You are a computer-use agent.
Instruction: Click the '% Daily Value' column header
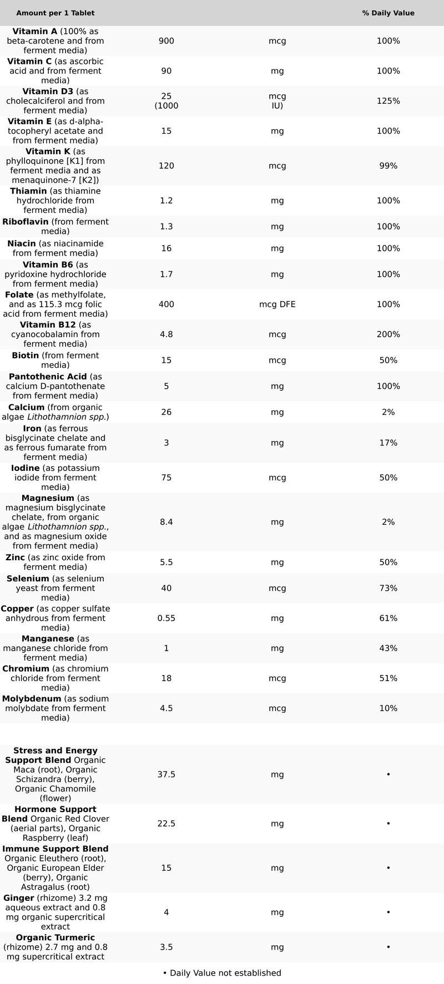pos(388,13)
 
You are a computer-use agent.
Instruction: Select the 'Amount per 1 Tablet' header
pos(56,13)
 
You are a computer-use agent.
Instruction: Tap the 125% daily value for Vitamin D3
pos(388,101)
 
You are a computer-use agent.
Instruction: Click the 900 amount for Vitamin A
pos(167,41)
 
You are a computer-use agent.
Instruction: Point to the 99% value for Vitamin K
pos(388,166)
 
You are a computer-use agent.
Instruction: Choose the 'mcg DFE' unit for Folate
pos(277,305)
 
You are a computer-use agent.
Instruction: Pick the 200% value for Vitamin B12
pos(388,334)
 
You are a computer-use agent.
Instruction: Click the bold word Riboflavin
pos(26,222)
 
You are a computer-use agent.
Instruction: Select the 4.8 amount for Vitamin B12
pos(167,334)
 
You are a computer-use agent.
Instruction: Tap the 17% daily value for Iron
pos(388,443)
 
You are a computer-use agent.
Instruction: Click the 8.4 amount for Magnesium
pos(167,522)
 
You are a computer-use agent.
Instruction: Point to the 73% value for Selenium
pos(388,588)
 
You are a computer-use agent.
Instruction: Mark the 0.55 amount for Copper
pos(167,618)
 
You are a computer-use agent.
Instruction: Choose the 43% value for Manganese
pos(388,648)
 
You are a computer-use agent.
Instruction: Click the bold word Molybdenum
pos(32,699)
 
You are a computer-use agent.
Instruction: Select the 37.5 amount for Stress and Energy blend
pos(167,774)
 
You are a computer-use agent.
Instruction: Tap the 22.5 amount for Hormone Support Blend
pos(167,824)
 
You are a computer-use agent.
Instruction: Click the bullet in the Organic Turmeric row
pos(388,947)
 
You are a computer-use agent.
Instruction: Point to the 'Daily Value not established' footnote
pos(222,973)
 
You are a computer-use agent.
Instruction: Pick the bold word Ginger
pos(19,898)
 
